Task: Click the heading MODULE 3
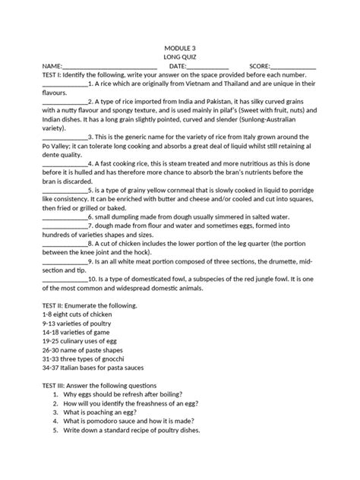[x=179, y=46]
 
